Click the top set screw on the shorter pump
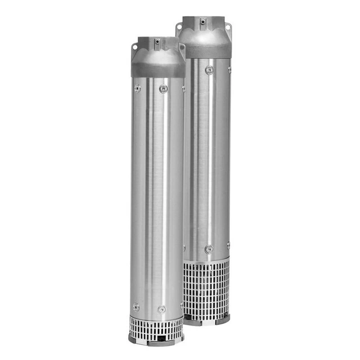click(x=157, y=42)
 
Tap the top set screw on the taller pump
click(x=203, y=21)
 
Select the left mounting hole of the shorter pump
click(x=135, y=45)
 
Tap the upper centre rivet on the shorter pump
click(x=163, y=89)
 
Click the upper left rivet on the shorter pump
click(x=137, y=88)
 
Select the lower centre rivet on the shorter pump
click(x=162, y=309)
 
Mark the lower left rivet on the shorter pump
click(x=136, y=307)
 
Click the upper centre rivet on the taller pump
click(x=209, y=70)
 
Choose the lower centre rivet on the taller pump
click(x=208, y=249)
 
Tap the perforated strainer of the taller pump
click(x=207, y=288)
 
